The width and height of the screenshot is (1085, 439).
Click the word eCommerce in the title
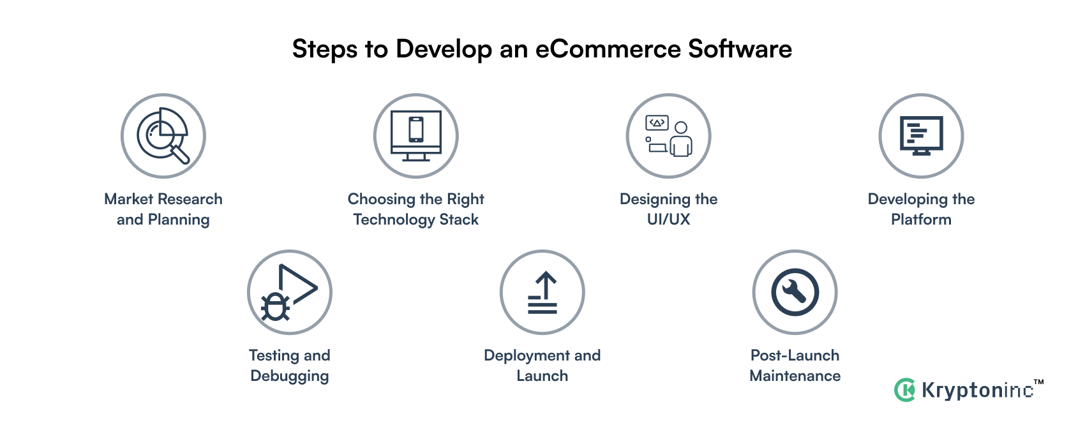(x=608, y=49)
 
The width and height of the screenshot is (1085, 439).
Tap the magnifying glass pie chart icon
(x=163, y=135)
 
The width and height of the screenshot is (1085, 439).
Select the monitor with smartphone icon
(x=416, y=136)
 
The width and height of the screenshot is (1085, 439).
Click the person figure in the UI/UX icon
(x=681, y=139)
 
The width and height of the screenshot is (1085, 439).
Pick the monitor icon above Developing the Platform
(x=921, y=135)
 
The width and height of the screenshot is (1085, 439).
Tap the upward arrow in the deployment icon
(x=546, y=286)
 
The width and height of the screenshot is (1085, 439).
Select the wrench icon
(x=795, y=292)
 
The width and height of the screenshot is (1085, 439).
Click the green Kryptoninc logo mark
(x=905, y=390)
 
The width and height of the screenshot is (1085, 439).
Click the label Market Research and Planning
(x=163, y=209)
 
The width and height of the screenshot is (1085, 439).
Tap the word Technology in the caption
(x=394, y=219)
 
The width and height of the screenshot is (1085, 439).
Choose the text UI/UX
(x=668, y=219)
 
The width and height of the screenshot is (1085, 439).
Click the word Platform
(x=921, y=219)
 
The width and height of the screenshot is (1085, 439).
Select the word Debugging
(x=290, y=376)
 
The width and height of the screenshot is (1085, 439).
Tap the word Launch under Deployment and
(x=542, y=376)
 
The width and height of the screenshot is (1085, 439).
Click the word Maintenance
(x=795, y=376)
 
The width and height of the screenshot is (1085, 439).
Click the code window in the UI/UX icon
(x=657, y=123)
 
